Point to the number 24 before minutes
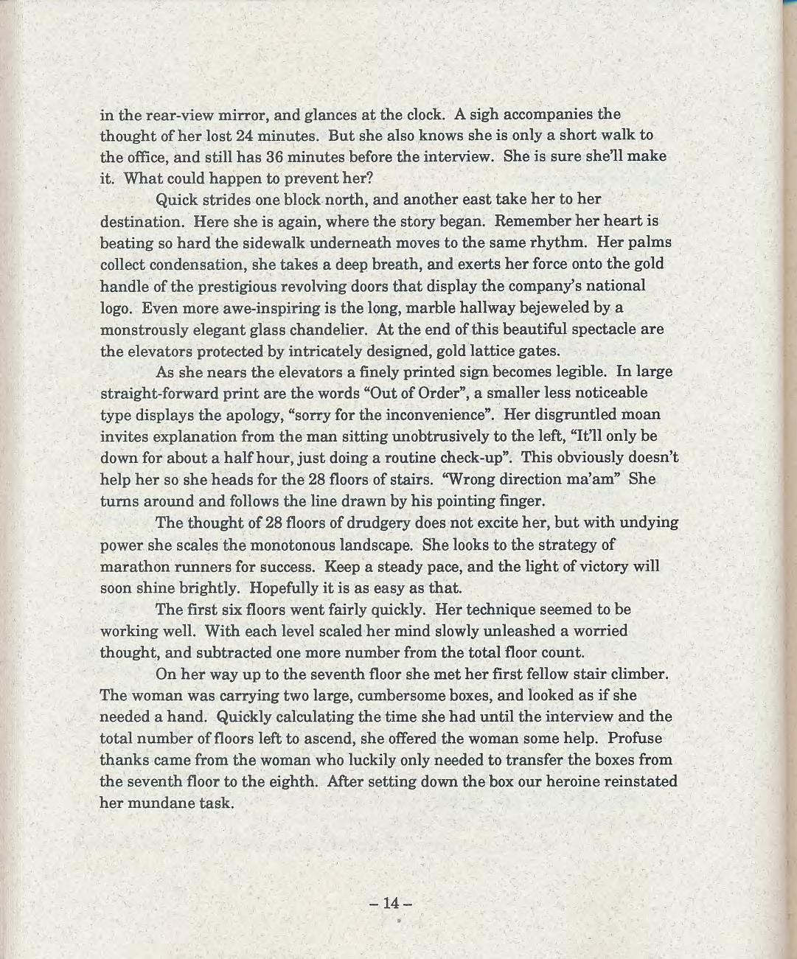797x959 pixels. (x=248, y=136)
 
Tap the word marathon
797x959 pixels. (x=135, y=567)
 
